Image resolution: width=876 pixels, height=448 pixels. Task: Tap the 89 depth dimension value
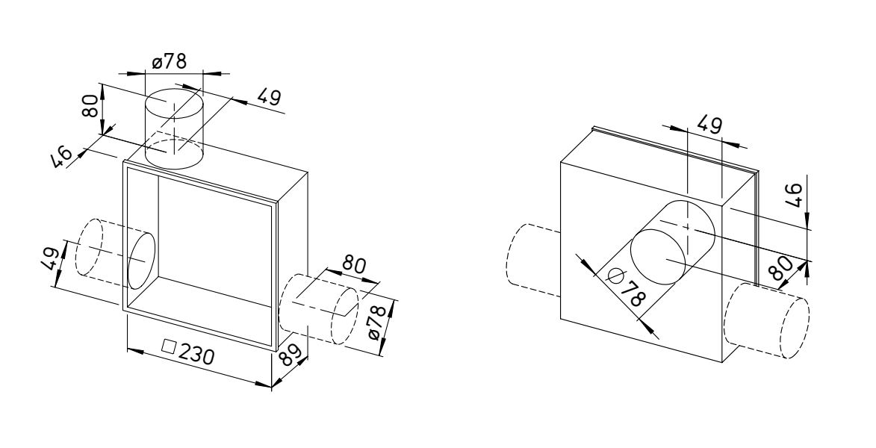pyautogui.click(x=292, y=354)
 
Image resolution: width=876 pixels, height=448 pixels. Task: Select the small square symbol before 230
pyautogui.click(x=168, y=346)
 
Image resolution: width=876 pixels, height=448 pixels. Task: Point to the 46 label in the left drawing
pyautogui.click(x=62, y=155)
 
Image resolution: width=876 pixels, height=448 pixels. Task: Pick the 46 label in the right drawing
pyautogui.click(x=795, y=195)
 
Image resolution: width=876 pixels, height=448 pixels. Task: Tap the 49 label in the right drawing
pyautogui.click(x=710, y=125)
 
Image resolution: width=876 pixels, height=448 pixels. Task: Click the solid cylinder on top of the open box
pyautogui.click(x=174, y=128)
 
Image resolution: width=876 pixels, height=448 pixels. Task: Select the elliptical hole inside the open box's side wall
pyautogui.click(x=141, y=261)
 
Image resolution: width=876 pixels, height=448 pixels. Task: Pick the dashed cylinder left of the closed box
pyautogui.click(x=533, y=261)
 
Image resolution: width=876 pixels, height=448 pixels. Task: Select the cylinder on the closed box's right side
pyautogui.click(x=766, y=320)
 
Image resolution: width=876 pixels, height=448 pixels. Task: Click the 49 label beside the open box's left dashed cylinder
pyautogui.click(x=51, y=258)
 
